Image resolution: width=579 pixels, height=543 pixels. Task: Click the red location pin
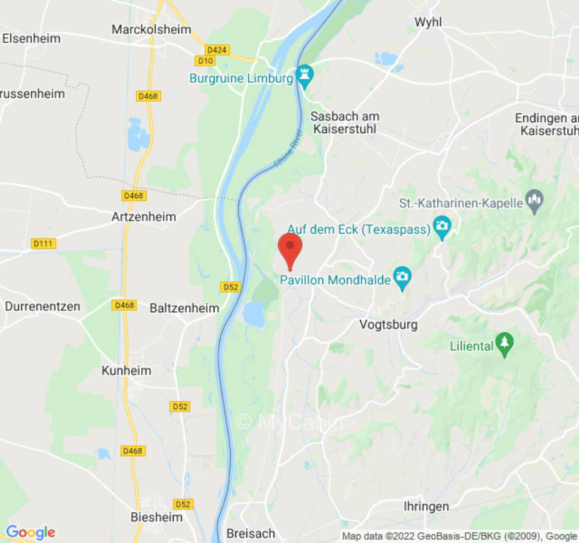[291, 248]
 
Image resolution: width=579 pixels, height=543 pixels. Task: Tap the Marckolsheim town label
[151, 29]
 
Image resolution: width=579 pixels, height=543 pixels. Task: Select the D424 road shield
[217, 50]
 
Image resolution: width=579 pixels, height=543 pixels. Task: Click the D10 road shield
[206, 61]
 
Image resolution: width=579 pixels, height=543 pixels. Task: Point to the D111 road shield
[43, 243]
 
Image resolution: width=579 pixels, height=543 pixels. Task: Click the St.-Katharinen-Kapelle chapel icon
[535, 202]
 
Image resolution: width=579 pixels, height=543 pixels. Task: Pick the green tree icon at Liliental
[504, 345]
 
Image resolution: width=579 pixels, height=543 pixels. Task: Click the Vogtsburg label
[388, 324]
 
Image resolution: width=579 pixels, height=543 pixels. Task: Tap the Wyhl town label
[428, 22]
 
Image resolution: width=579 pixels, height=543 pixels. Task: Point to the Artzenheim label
[143, 217]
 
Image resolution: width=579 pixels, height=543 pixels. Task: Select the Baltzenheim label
[184, 308]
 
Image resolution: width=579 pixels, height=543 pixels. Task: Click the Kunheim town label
[126, 371]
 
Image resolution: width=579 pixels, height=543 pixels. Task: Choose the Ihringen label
[426, 506]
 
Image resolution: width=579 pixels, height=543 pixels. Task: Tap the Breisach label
[250, 533]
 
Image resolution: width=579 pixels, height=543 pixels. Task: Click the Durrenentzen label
[42, 306]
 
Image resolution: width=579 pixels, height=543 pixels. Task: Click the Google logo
[30, 531]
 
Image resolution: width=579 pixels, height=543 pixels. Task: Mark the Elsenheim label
[31, 38]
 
